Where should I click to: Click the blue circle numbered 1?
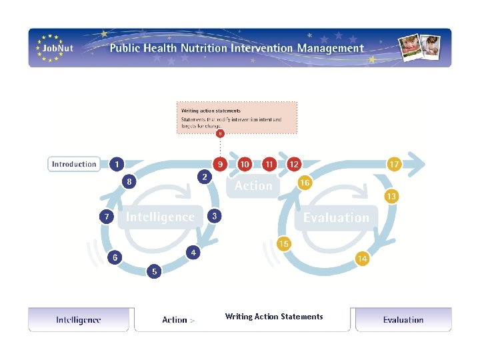tap(117, 164)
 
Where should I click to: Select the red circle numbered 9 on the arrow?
tap(219, 164)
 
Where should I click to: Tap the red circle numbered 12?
tap(293, 164)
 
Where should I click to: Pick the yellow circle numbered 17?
tap(395, 164)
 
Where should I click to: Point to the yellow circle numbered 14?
tap(362, 259)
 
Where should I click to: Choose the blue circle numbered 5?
tap(154, 271)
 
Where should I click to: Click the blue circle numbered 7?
tap(106, 217)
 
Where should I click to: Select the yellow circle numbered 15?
tap(284, 244)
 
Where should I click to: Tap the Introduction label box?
tap(74, 164)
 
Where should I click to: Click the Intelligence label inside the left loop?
tap(161, 217)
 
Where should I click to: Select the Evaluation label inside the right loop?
tap(336, 217)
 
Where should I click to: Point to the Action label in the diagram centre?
tap(253, 186)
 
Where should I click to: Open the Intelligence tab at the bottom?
tap(79, 320)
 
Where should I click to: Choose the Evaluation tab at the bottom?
tap(403, 320)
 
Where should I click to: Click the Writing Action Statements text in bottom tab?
tap(274, 317)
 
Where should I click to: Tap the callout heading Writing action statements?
tap(211, 111)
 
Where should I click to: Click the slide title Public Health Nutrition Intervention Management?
tap(237, 48)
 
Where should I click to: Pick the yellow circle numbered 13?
tap(391, 197)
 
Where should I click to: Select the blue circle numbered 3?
tap(214, 216)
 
